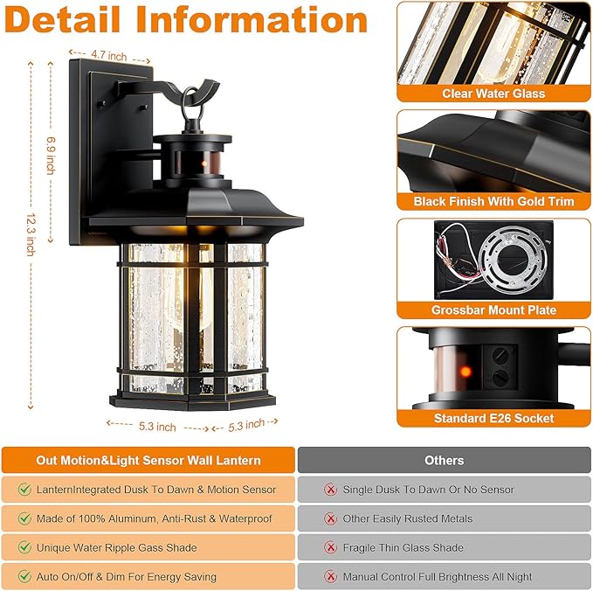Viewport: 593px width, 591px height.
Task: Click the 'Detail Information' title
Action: click(x=186, y=21)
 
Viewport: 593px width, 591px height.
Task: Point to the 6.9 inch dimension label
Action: click(x=51, y=156)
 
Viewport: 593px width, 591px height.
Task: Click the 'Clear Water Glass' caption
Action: click(x=493, y=94)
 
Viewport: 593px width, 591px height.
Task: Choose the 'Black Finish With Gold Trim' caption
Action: click(x=493, y=202)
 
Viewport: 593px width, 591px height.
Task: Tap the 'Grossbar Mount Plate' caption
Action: click(x=493, y=310)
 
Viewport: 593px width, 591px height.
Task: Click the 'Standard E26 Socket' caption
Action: click(x=493, y=419)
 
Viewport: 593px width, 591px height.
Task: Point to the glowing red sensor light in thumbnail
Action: click(x=465, y=372)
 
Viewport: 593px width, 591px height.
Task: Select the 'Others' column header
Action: click(x=444, y=460)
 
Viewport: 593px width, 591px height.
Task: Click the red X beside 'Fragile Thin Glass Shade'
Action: click(x=331, y=547)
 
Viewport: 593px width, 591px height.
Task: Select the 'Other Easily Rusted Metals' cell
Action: click(x=407, y=518)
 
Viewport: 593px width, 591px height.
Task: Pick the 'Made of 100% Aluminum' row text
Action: click(x=155, y=518)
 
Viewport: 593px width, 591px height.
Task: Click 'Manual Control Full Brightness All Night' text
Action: click(x=437, y=577)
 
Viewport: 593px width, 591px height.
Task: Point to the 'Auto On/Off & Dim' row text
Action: click(x=127, y=577)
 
